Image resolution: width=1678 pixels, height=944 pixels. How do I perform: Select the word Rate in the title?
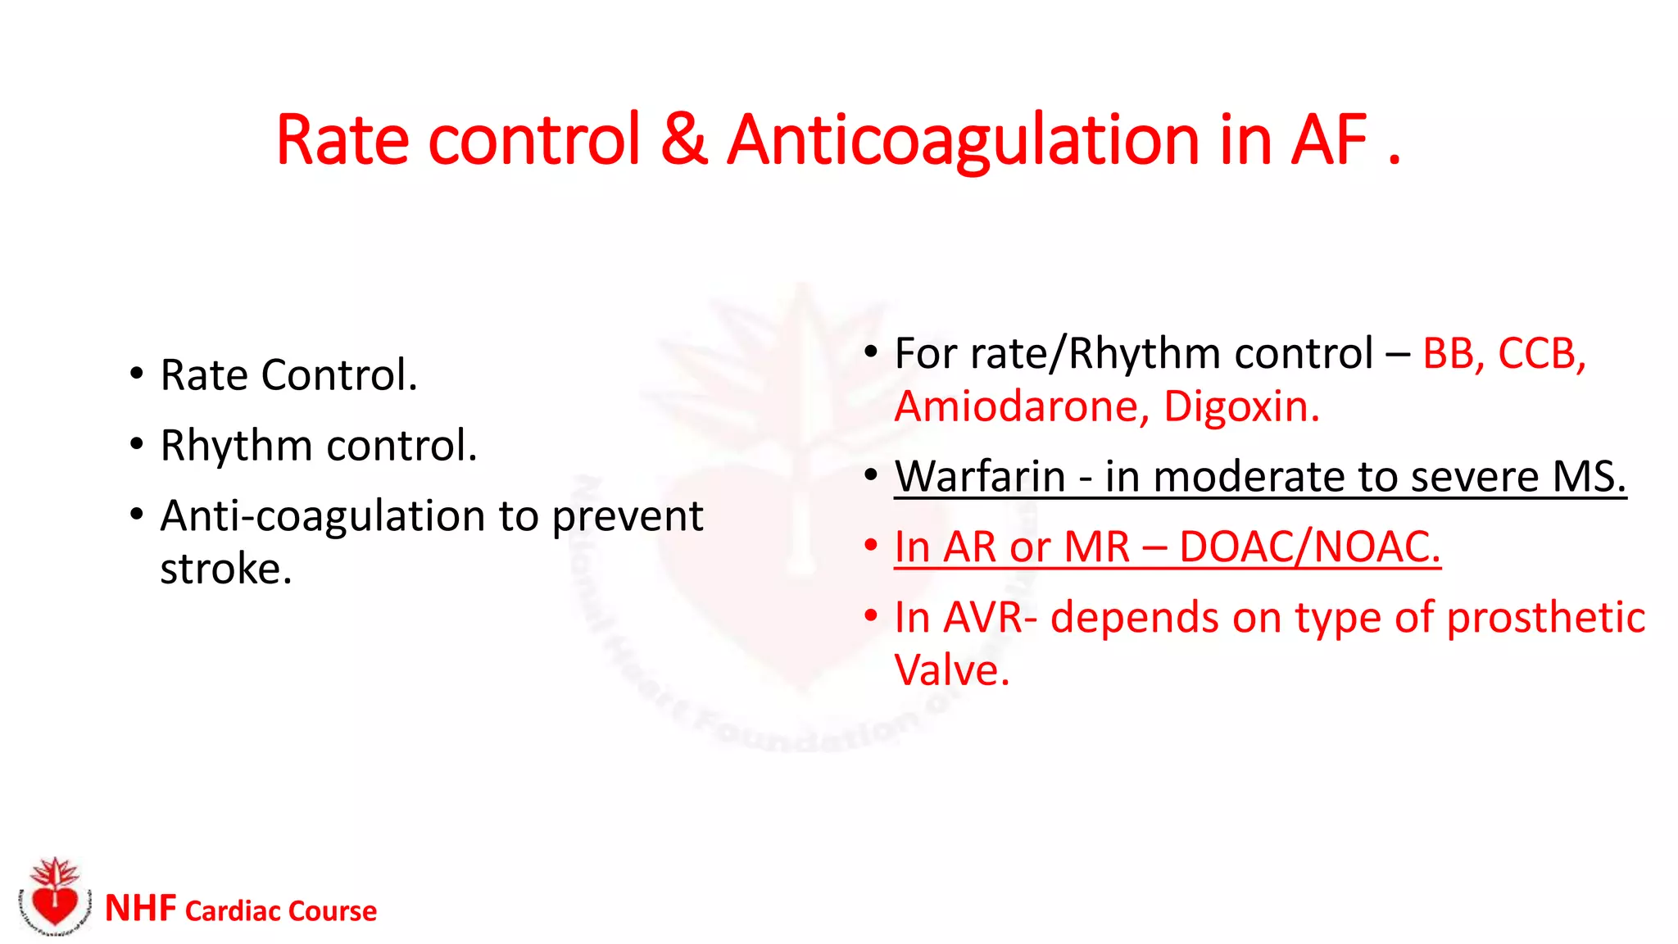click(x=342, y=141)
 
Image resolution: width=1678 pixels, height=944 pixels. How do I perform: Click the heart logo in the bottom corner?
click(x=52, y=900)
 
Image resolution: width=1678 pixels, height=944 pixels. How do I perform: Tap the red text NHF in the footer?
click(x=140, y=909)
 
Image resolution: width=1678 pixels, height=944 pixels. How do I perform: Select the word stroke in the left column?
click(x=225, y=570)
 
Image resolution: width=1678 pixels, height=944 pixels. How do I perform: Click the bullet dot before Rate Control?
click(x=136, y=374)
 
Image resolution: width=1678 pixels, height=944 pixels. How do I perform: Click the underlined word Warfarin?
click(x=979, y=477)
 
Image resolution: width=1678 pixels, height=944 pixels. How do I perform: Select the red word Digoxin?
click(x=1240, y=407)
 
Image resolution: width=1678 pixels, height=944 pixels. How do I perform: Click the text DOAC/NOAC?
click(x=1309, y=547)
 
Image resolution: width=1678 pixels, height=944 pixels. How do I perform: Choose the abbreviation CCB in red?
click(x=1540, y=354)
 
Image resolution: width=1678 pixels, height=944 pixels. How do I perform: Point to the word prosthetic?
click(x=1545, y=619)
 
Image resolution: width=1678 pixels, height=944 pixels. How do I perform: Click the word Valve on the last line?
click(x=950, y=671)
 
